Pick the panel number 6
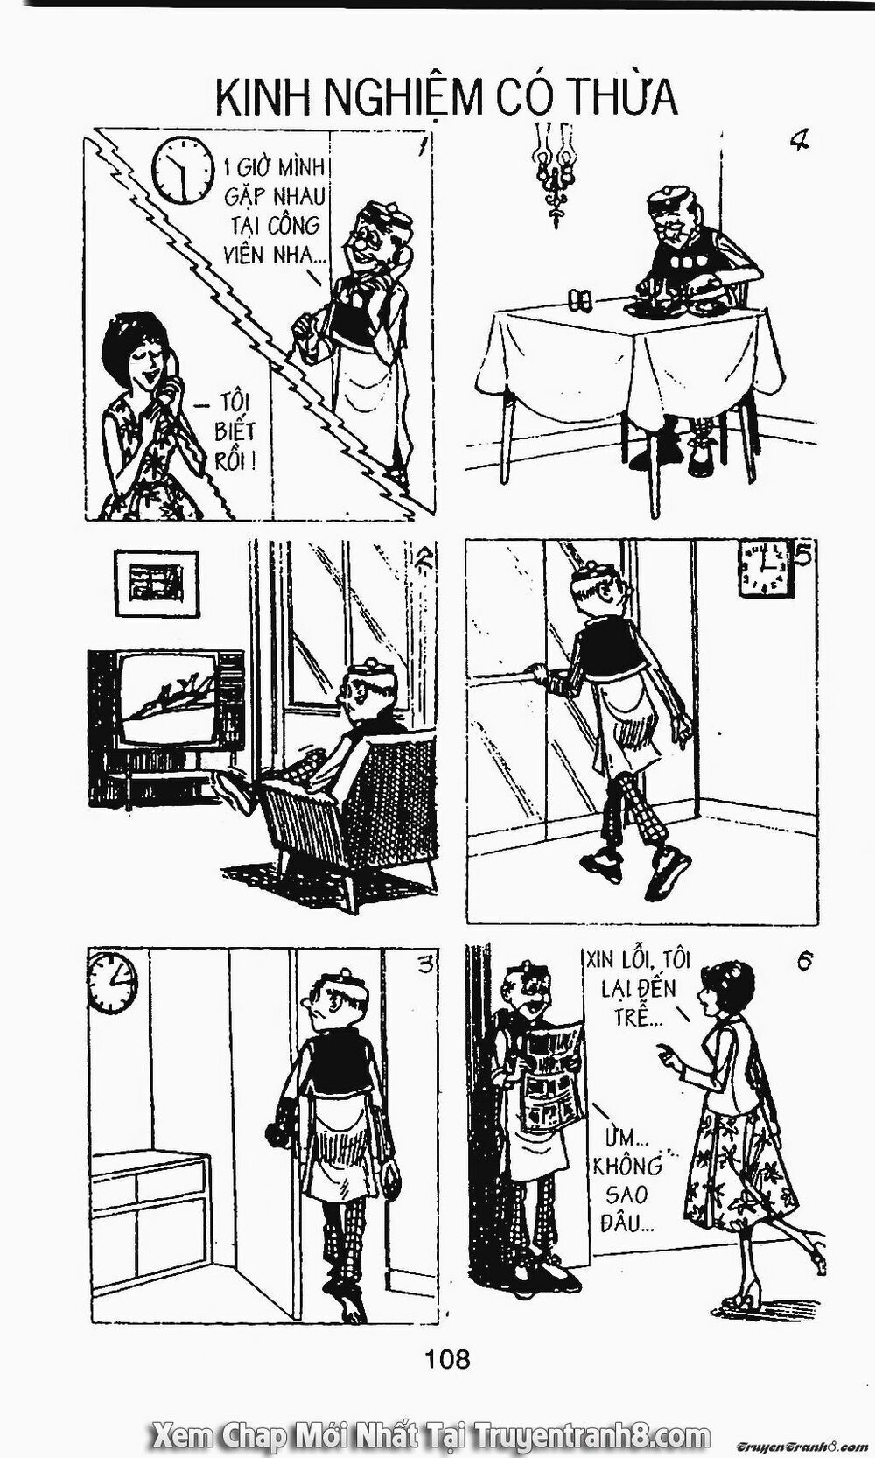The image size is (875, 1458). [x=805, y=962]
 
